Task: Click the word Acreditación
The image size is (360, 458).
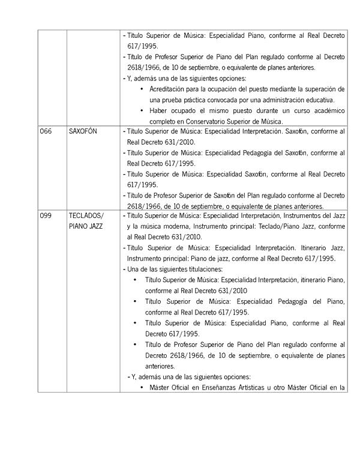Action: [169, 89]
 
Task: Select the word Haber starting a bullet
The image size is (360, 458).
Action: [158, 110]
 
